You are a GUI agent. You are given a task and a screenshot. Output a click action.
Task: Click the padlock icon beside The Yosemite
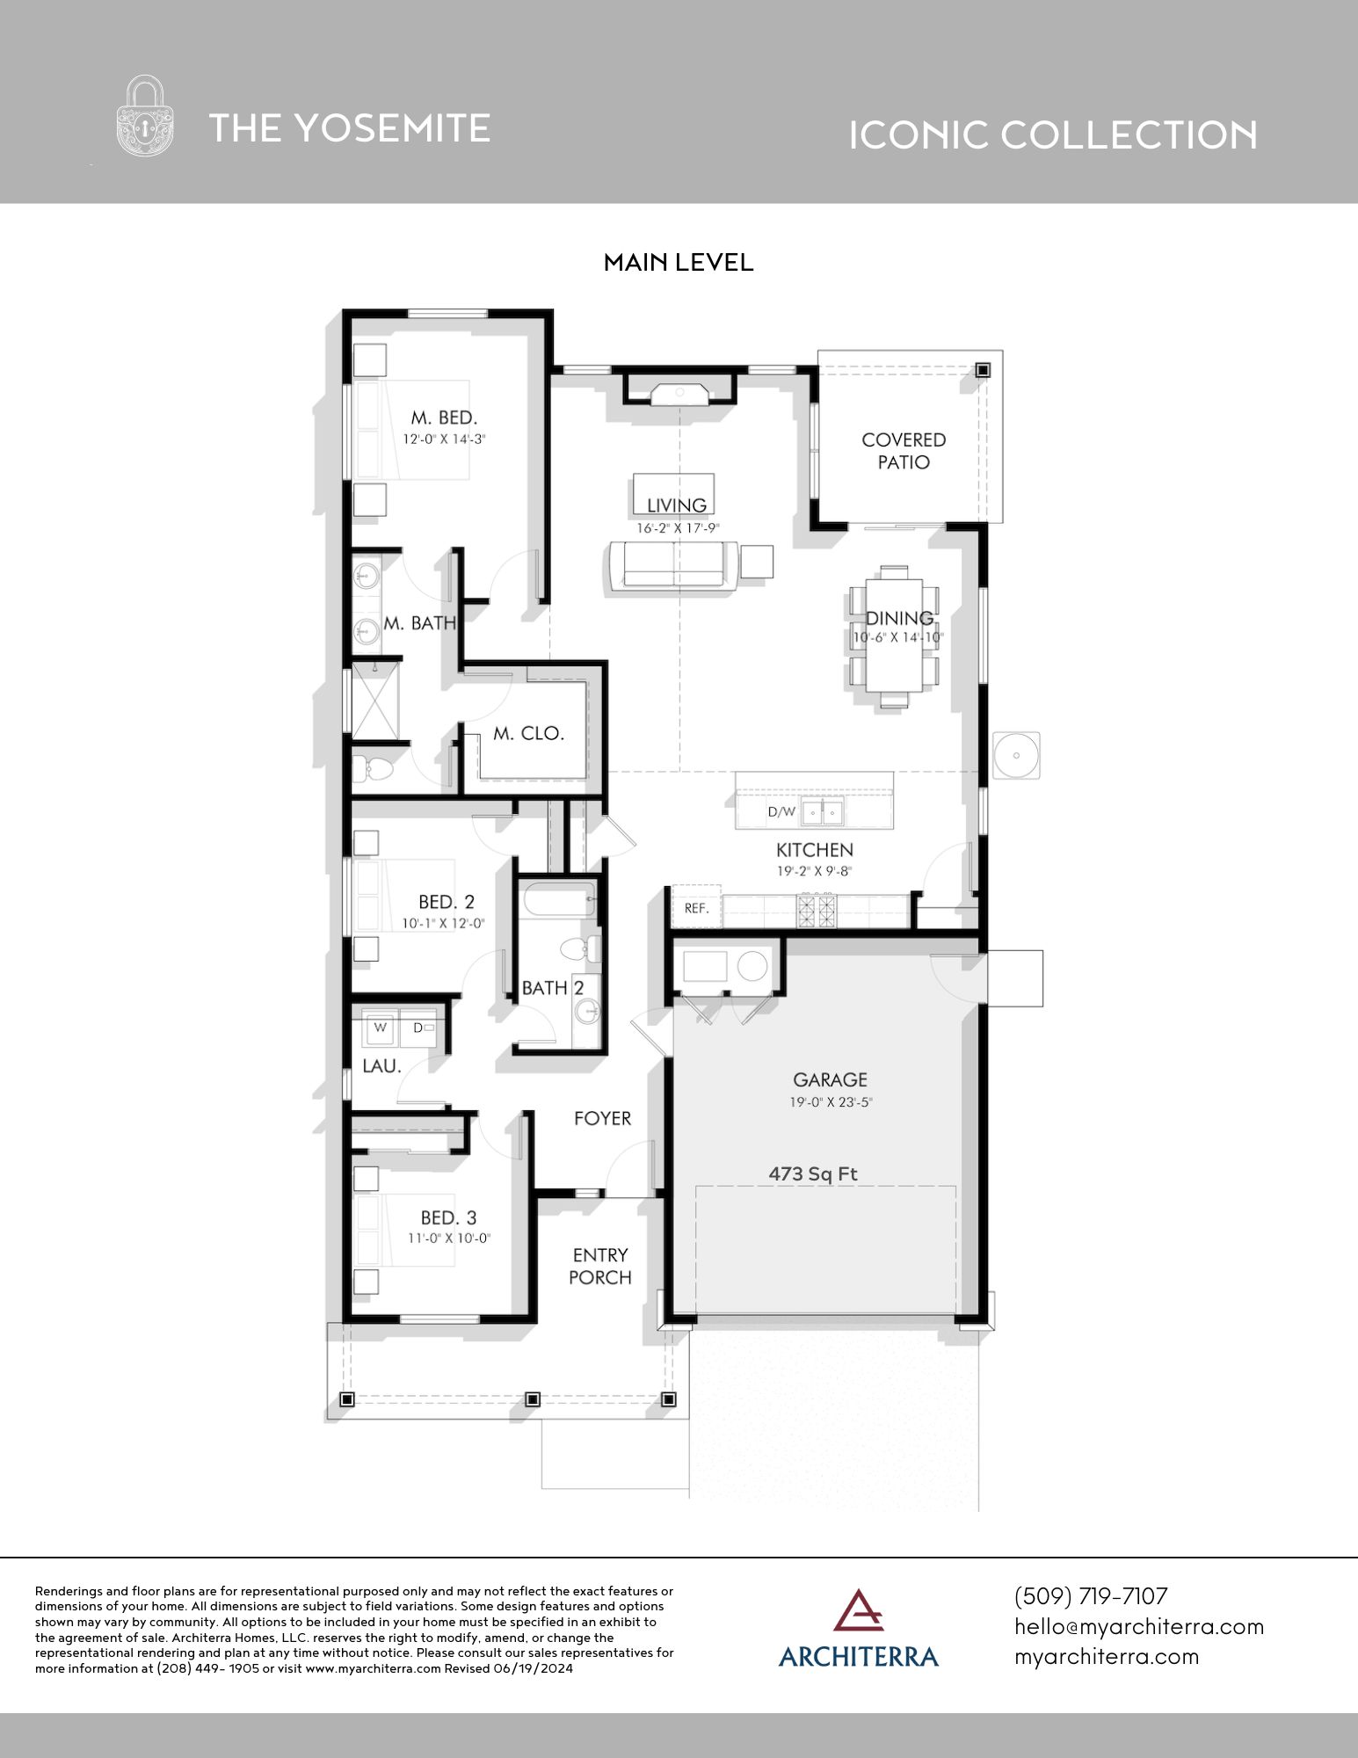[x=145, y=116]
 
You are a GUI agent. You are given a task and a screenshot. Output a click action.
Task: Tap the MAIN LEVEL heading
[x=679, y=263]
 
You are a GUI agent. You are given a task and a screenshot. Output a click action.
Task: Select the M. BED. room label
[x=445, y=418]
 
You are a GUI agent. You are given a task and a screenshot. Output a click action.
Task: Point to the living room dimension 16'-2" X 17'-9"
[x=679, y=528]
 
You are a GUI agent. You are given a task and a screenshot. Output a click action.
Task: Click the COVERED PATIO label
[x=904, y=451]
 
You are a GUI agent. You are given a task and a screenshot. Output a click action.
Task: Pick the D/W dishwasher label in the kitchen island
[x=781, y=812]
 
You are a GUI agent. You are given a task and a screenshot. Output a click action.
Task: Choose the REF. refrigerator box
[x=697, y=907]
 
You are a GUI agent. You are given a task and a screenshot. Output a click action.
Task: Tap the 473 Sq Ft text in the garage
[x=813, y=1173]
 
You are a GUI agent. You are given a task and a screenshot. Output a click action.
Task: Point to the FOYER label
[x=603, y=1118]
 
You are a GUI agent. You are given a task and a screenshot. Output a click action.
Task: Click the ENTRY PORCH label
[x=600, y=1267]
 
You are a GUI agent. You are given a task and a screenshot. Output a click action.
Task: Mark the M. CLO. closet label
[x=528, y=733]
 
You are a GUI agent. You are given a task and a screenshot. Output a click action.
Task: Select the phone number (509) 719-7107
[x=1091, y=1596]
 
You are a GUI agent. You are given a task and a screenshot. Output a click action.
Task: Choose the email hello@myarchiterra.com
[x=1139, y=1626]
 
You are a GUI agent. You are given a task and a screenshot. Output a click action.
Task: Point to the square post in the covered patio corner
[x=983, y=370]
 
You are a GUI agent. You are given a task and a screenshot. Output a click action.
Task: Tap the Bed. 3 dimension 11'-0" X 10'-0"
[x=448, y=1239]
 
